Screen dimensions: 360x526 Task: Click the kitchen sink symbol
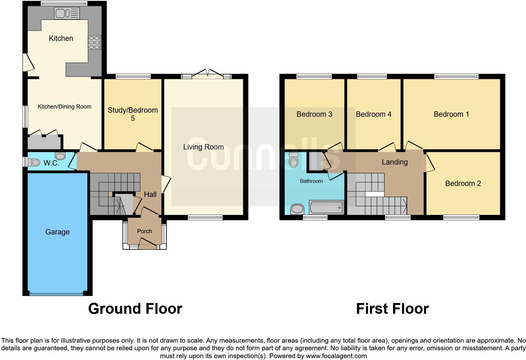pyautogui.click(x=67, y=14)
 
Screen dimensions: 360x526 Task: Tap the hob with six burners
pyautogui.click(x=94, y=42)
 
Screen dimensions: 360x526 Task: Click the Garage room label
pyautogui.click(x=57, y=232)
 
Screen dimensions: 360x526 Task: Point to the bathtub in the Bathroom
pyautogui.click(x=327, y=208)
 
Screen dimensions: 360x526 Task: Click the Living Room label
pyautogui.click(x=203, y=147)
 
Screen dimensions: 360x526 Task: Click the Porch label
pyautogui.click(x=144, y=231)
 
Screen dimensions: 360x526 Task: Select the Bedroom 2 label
pyautogui.click(x=463, y=183)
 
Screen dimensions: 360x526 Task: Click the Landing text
pyautogui.click(x=394, y=162)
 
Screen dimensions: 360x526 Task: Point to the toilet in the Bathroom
pyautogui.click(x=294, y=160)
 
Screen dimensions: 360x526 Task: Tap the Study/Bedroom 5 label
pyautogui.click(x=132, y=114)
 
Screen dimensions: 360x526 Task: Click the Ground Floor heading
pyautogui.click(x=135, y=309)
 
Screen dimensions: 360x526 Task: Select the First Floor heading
pyautogui.click(x=392, y=309)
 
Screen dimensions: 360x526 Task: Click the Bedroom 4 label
pyautogui.click(x=373, y=114)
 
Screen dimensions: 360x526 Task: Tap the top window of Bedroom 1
pyautogui.click(x=456, y=76)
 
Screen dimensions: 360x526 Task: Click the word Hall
pyautogui.click(x=150, y=194)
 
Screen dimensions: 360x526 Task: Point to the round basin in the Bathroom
pyautogui.click(x=297, y=209)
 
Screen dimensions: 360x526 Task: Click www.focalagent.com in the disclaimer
pyautogui.click(x=336, y=356)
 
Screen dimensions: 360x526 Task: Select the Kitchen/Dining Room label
pyautogui.click(x=64, y=107)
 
